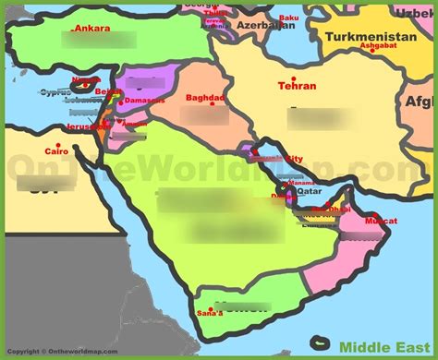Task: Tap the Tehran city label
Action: tap(297, 87)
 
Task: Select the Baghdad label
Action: tap(205, 98)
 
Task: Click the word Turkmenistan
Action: tap(367, 37)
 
